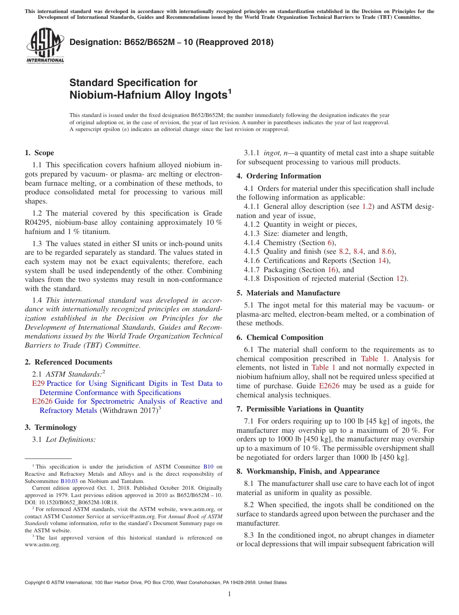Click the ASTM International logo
click(x=44, y=46)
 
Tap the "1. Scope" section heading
click(x=39, y=153)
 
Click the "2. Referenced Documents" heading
click(x=68, y=362)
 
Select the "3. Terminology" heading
click(x=51, y=427)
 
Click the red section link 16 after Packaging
click(x=332, y=270)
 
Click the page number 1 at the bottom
click(x=229, y=594)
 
